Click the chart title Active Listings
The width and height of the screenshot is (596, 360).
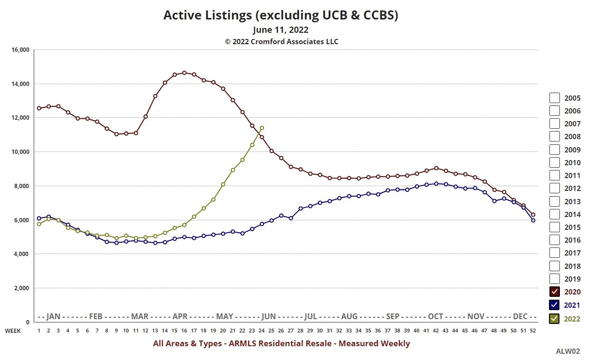(281, 15)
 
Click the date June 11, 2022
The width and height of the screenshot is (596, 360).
(281, 30)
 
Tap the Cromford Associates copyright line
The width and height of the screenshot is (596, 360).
(281, 42)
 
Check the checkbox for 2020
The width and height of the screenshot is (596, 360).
(555, 292)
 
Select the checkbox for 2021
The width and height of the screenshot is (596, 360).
(555, 305)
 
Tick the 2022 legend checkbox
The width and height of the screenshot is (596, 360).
(555, 319)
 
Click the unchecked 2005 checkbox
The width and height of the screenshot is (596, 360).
(555, 98)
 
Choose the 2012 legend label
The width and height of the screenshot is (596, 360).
(572, 189)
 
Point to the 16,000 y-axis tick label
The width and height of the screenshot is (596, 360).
(20, 50)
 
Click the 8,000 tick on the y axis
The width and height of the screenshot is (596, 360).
(21, 186)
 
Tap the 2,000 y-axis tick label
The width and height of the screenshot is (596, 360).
(21, 288)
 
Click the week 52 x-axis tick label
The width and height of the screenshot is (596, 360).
(533, 331)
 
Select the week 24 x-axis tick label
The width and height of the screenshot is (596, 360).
(262, 331)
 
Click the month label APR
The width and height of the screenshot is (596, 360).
(180, 316)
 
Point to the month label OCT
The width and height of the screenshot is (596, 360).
(435, 316)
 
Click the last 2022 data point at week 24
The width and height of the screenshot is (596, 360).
(262, 128)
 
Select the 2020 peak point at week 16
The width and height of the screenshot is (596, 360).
(184, 73)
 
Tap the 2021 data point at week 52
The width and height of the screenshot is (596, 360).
(533, 220)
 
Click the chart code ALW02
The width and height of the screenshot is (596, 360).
(568, 351)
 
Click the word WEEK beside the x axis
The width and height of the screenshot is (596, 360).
(13, 331)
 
